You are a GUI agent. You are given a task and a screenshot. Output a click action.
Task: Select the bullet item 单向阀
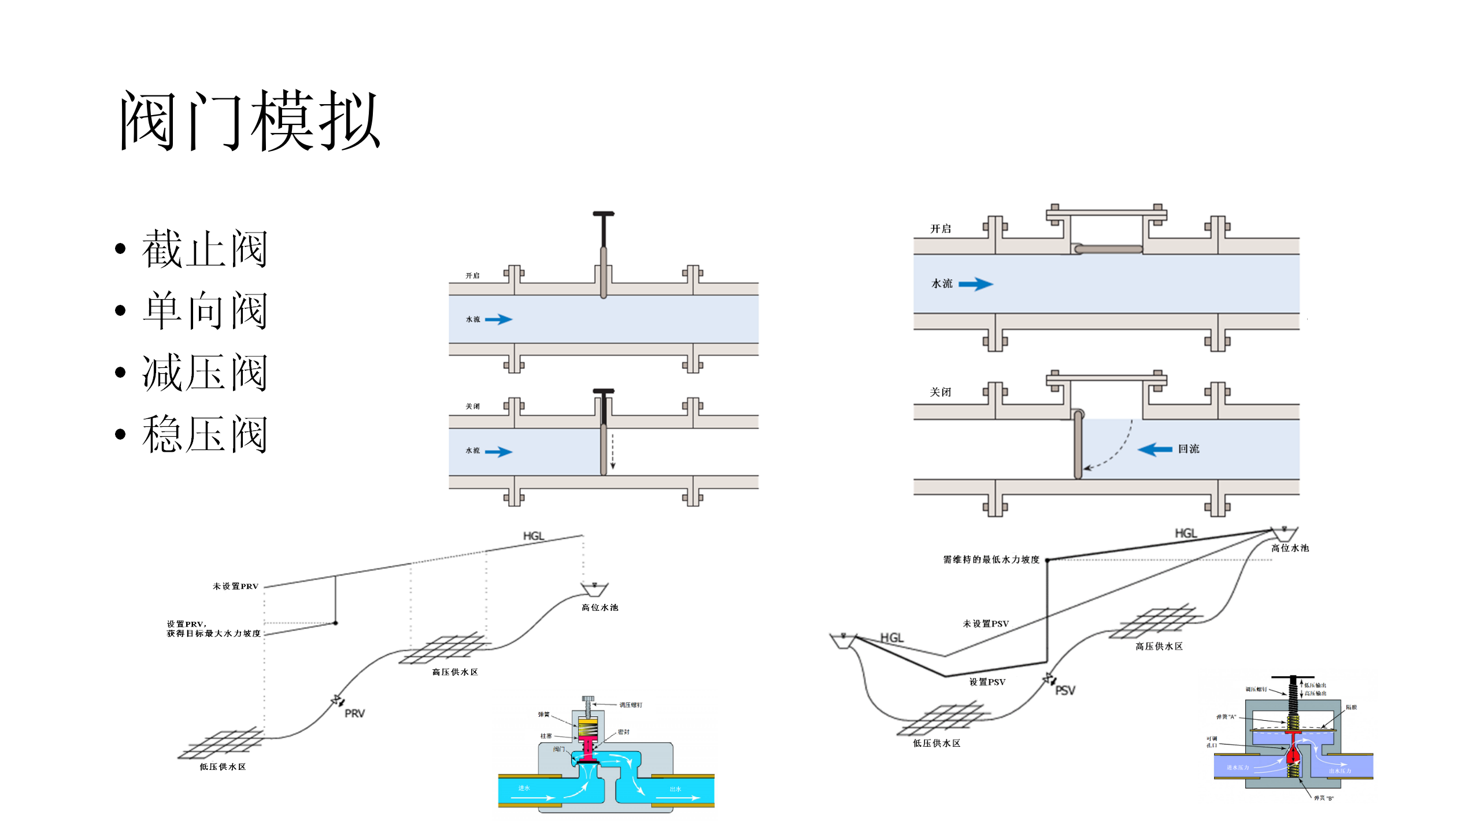coord(205,311)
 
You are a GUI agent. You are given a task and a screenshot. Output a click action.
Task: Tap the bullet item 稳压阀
coord(205,434)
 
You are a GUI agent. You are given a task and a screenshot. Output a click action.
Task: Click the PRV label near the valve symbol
coord(354,713)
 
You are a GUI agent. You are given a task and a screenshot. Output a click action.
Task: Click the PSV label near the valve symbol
coord(1065,690)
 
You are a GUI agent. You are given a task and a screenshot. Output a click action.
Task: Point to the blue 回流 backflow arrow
coord(1155,449)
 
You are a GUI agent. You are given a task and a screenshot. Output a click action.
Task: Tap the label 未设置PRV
coord(235,586)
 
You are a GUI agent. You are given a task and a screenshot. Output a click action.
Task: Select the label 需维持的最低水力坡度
coord(991,559)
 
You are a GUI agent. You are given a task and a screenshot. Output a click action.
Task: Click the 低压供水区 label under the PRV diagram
coord(223,766)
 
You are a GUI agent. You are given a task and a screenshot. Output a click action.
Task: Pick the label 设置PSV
coord(987,682)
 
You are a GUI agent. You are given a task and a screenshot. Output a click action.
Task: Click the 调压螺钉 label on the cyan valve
coord(630,705)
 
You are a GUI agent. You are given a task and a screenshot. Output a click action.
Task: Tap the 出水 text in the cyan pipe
coord(675,789)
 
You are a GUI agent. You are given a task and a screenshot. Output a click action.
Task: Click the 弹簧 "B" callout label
coord(1323,798)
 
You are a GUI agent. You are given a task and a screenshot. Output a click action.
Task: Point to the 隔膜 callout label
coord(1351,707)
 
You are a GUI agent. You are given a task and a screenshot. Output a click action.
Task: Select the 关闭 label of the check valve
coord(940,392)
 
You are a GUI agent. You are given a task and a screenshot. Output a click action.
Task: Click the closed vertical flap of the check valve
coord(1078,445)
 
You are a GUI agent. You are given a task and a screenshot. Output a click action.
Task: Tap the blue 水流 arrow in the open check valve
coord(976,284)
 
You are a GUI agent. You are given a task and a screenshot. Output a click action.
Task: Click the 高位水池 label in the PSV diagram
coord(1290,548)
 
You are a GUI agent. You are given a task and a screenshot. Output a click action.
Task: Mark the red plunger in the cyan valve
coord(588,749)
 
